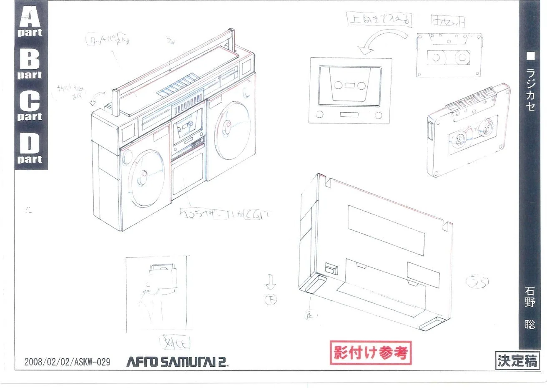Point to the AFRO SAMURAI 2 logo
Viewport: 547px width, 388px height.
[177, 361]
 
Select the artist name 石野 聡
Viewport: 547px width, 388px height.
[530, 307]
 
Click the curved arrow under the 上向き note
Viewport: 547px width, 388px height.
[381, 40]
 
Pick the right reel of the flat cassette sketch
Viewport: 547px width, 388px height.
[462, 57]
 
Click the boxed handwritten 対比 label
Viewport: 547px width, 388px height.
[176, 343]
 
